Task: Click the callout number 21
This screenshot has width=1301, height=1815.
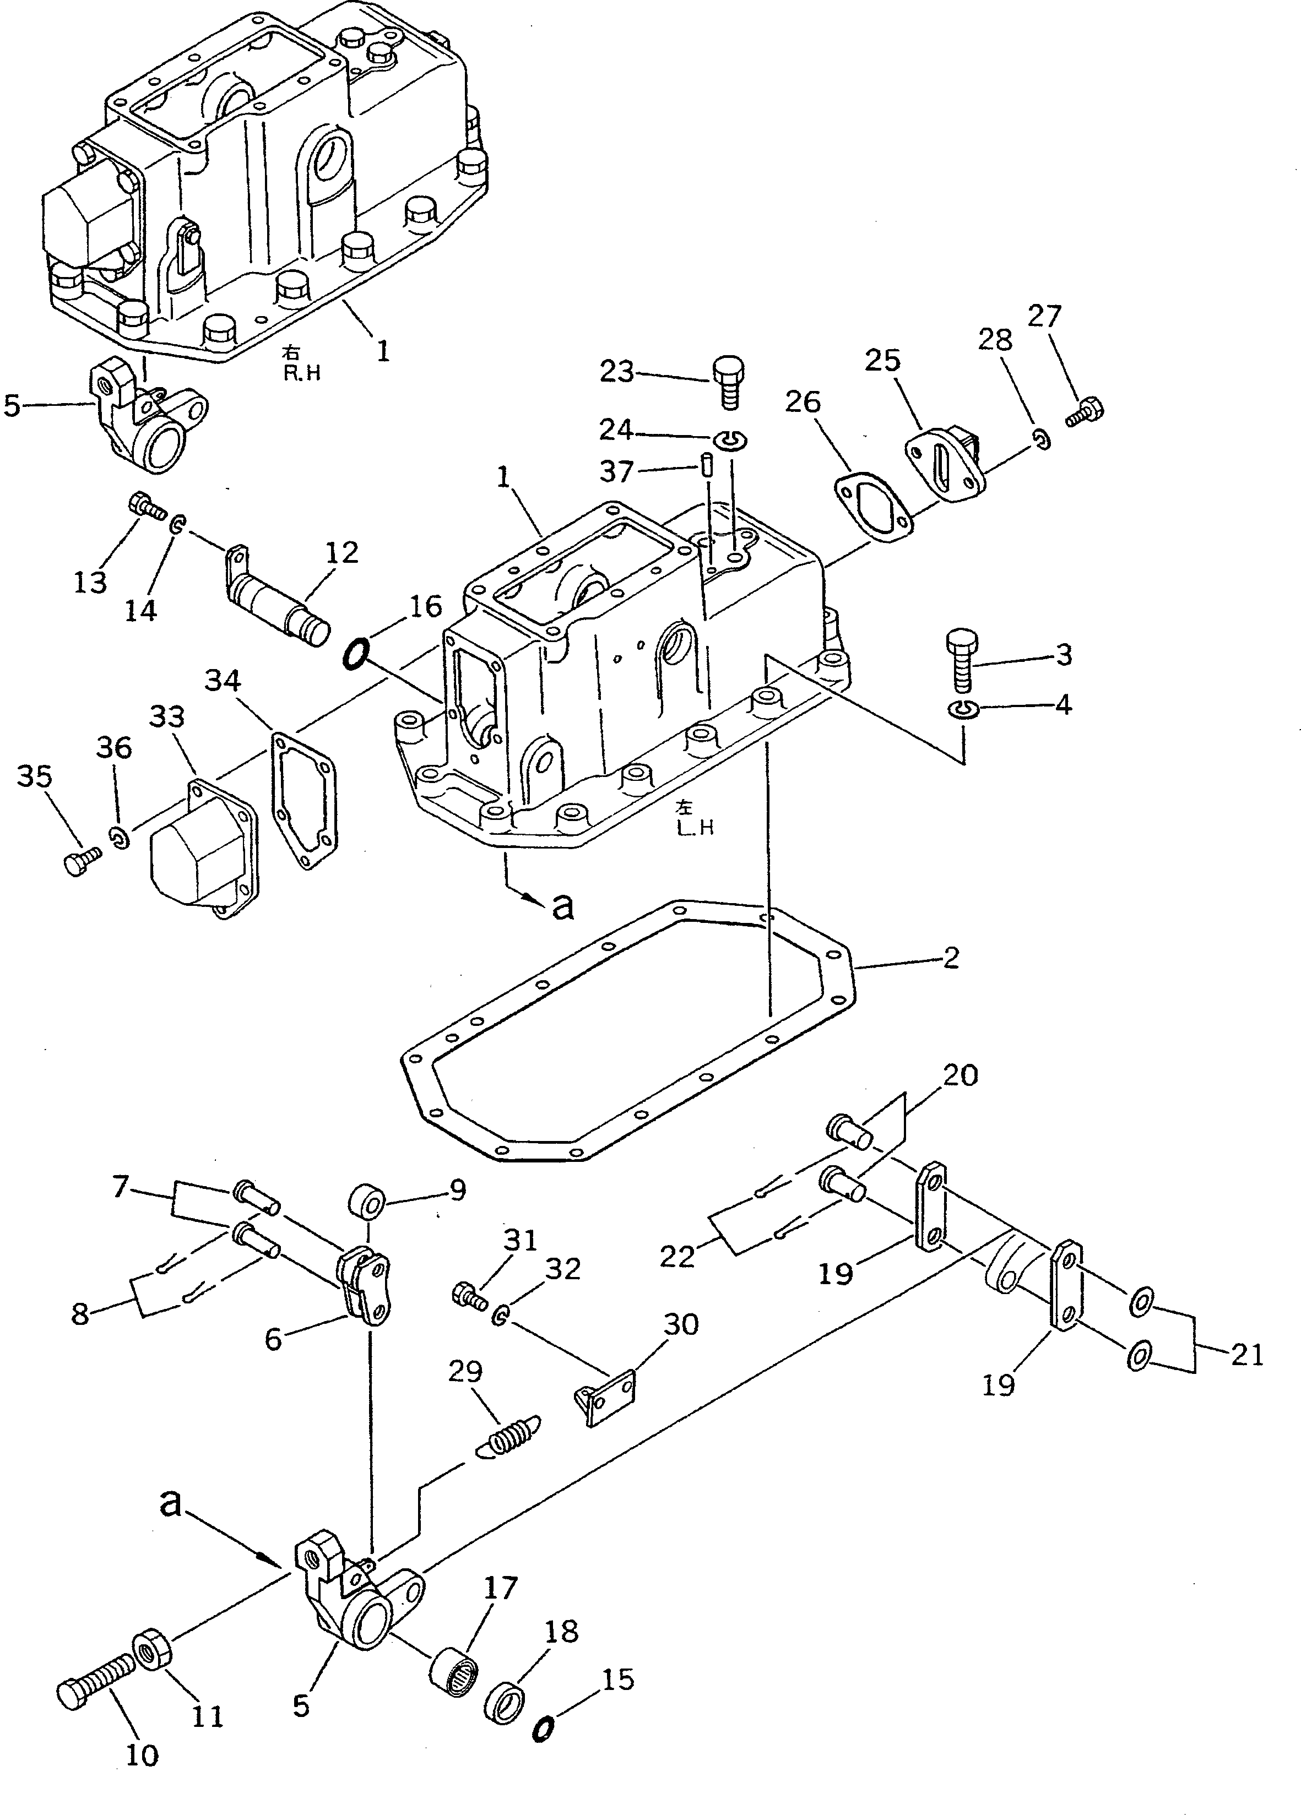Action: tap(1246, 1354)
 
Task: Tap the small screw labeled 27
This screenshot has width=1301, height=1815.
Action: tap(1086, 412)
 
